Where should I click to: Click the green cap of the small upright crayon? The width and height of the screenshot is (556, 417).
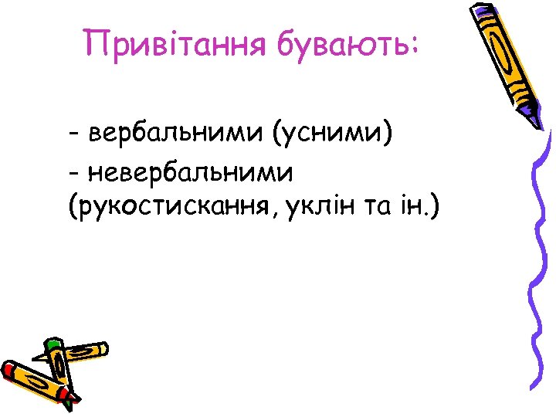point(53,344)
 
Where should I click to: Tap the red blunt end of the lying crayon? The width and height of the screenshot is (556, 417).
point(9,369)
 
